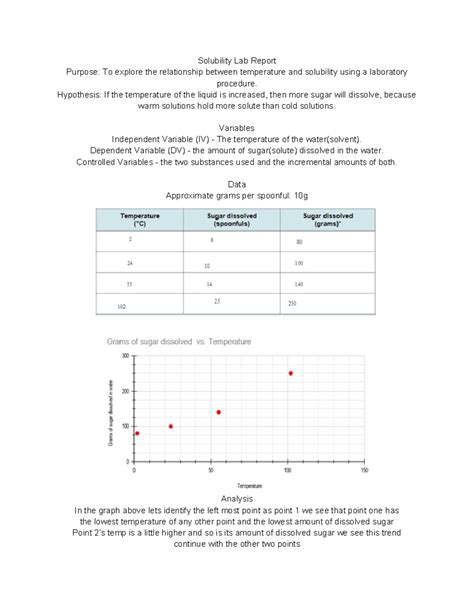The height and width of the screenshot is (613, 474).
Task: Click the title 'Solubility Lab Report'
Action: point(236,61)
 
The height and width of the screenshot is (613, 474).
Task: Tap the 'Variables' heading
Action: point(236,128)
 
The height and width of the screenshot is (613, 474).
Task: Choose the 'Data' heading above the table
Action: point(236,184)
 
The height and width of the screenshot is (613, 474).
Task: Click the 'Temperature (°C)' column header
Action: point(139,220)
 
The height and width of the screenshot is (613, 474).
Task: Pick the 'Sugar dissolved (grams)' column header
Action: point(326,220)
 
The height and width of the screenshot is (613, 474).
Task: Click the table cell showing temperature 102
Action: point(122,306)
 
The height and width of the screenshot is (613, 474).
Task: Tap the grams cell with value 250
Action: point(292,303)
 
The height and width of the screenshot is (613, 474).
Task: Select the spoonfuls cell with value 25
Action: point(217,300)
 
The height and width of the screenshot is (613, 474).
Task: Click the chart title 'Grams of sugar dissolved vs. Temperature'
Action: point(180,341)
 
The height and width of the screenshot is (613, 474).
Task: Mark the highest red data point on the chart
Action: point(291,373)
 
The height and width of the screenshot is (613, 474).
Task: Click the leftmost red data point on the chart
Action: point(137,433)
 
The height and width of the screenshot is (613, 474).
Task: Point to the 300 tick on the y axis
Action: point(126,355)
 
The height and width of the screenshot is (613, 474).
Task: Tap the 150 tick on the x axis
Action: point(365,469)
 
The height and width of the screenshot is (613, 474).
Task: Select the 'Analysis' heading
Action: point(236,498)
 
